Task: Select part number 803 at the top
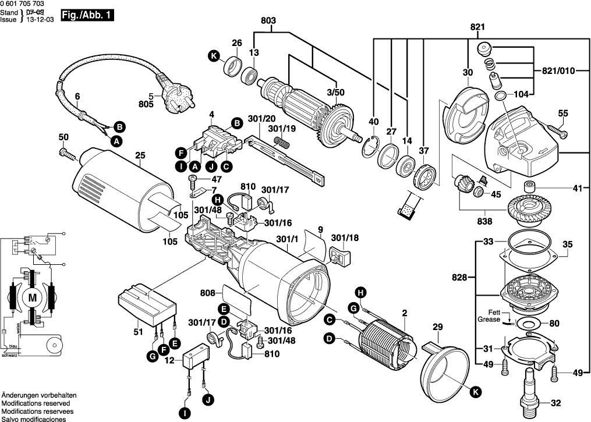268,21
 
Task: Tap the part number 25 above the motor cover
139,155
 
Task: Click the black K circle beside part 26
214,56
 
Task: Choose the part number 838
484,221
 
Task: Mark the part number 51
137,332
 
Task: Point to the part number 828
459,279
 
